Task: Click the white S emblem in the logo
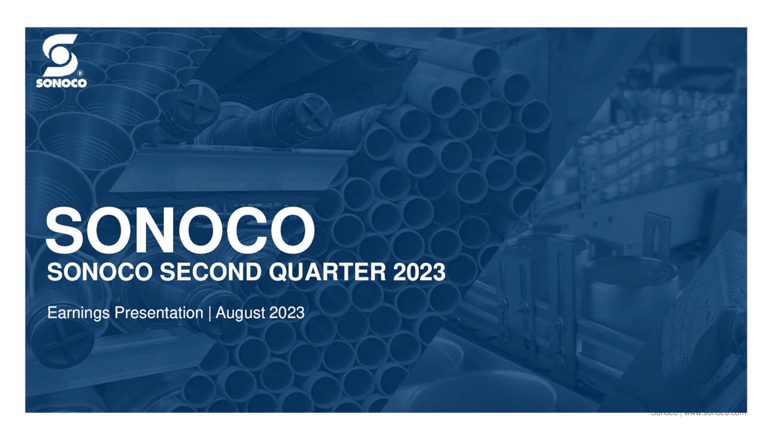pyautogui.click(x=60, y=56)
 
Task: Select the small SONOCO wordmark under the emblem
pyautogui.click(x=61, y=84)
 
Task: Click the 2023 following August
pyautogui.click(x=286, y=312)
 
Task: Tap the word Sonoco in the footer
pyautogui.click(x=663, y=413)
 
